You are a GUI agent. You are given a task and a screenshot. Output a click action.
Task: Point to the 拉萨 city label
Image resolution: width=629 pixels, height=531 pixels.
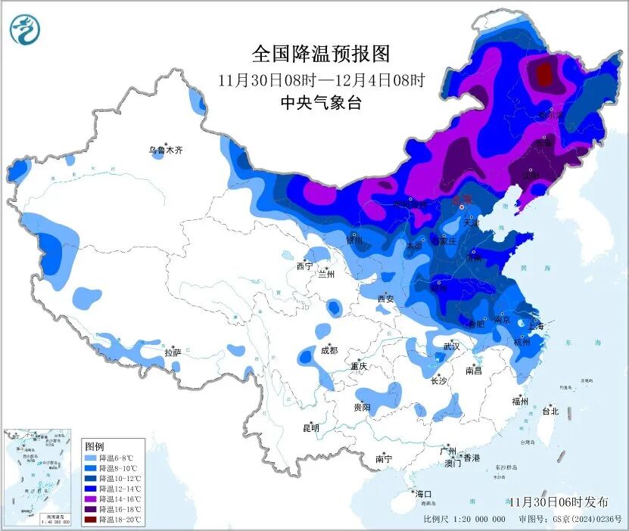(173, 352)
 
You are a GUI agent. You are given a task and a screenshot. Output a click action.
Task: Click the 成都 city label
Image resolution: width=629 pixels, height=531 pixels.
(329, 350)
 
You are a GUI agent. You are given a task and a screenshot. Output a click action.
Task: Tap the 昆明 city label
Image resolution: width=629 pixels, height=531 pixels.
(311, 428)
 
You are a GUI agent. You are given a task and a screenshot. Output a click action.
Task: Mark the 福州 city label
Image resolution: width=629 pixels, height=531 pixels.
(520, 401)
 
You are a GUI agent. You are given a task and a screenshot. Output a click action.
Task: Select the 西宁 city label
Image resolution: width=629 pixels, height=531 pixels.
(304, 266)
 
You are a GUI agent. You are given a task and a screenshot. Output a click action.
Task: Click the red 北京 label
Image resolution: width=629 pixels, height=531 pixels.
(461, 200)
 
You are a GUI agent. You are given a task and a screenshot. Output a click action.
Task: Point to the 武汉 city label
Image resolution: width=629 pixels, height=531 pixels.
(452, 346)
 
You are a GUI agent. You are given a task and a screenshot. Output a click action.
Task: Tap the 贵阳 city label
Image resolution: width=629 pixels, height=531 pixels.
(362, 407)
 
